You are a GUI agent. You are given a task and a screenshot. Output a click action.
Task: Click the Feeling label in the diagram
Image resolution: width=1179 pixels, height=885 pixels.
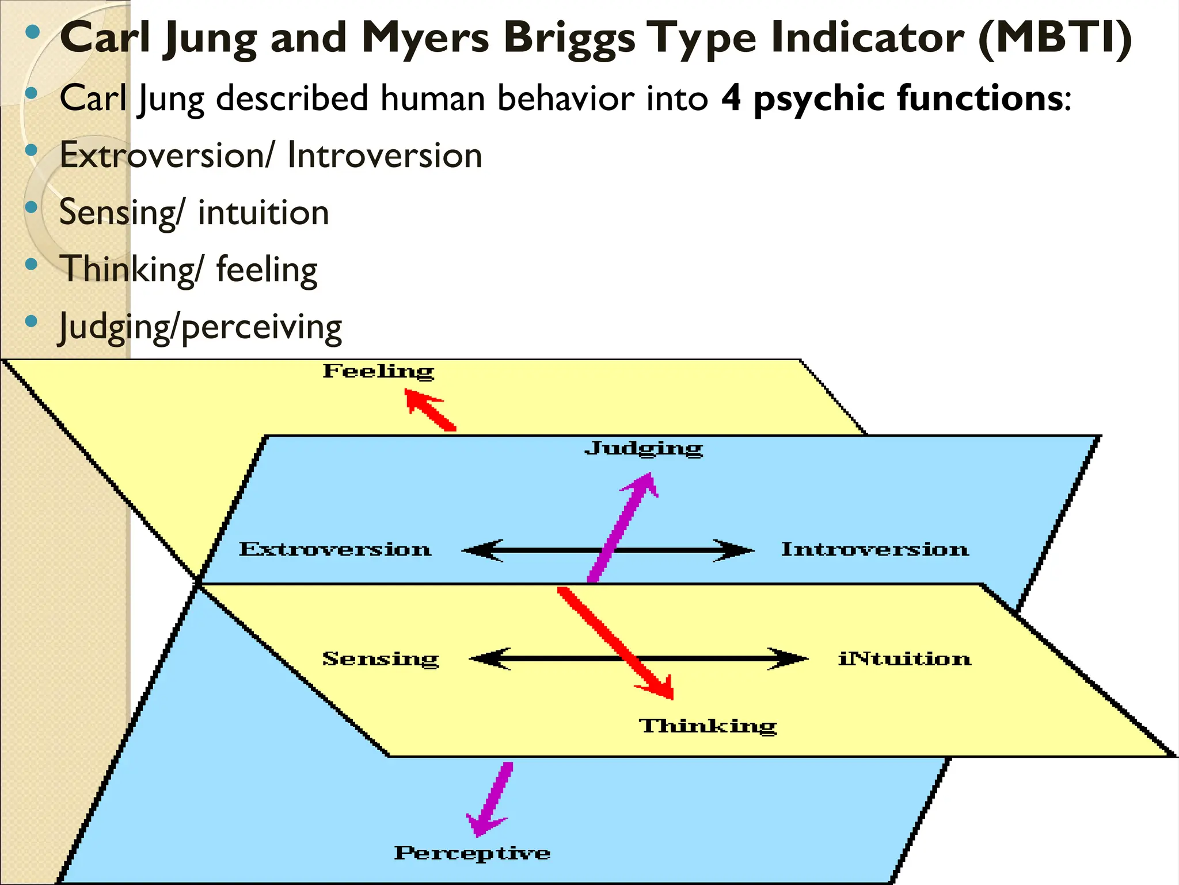[x=378, y=372]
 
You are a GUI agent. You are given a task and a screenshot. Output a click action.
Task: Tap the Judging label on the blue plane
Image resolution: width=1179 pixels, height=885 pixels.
[x=644, y=448]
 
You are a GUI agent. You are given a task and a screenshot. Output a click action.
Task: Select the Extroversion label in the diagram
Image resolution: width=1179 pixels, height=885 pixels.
[x=335, y=549]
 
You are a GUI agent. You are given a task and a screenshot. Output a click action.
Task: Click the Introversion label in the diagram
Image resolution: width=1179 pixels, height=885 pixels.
[x=875, y=549]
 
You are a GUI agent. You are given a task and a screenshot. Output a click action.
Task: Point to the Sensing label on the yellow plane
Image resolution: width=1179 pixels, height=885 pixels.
[x=381, y=659]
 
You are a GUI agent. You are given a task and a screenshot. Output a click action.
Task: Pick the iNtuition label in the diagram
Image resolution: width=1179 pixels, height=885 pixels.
[x=904, y=659]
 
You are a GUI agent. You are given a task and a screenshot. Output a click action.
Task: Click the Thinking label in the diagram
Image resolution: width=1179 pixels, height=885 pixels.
[x=708, y=726]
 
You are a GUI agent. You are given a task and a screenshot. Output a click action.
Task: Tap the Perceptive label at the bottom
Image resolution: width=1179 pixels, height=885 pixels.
[x=472, y=853]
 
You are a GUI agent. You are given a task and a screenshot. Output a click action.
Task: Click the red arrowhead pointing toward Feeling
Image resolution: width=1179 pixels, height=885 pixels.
[x=417, y=400]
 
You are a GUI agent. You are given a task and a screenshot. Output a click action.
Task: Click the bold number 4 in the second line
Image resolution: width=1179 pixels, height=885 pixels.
[x=731, y=97]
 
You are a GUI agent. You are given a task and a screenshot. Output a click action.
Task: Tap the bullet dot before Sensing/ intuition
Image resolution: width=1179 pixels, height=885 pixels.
[x=32, y=207]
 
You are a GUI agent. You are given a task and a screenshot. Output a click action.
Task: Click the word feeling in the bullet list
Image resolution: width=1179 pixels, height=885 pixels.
[x=267, y=270]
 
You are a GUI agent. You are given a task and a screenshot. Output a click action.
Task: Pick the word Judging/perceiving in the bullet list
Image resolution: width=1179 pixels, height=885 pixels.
[x=200, y=327]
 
